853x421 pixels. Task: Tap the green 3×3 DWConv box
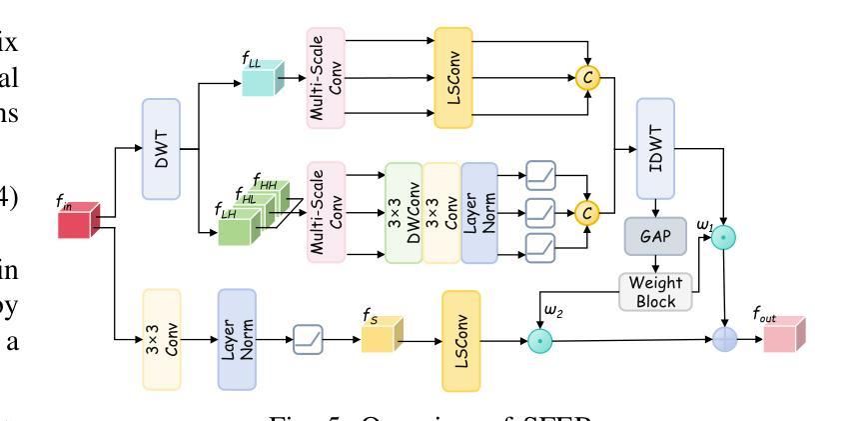point(403,214)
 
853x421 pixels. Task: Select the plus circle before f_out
point(724,340)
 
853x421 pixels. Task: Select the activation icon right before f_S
point(309,340)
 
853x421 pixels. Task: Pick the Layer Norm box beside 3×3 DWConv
point(478,214)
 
